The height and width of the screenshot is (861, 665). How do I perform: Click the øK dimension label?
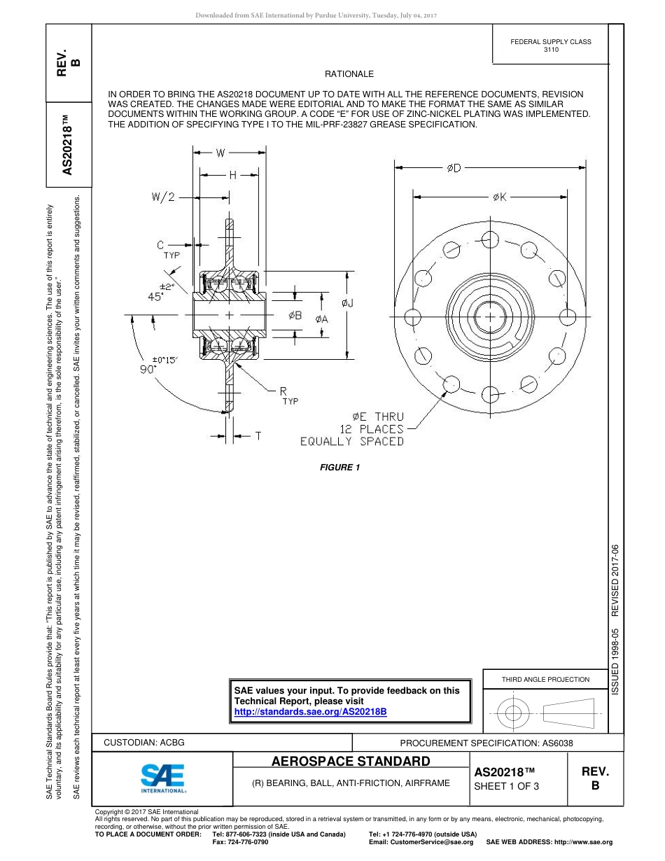pos(500,197)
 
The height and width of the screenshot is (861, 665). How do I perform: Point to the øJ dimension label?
pos(348,303)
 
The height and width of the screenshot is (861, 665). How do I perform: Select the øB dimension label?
pos(295,316)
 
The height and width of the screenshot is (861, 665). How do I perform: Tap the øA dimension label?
pos(322,319)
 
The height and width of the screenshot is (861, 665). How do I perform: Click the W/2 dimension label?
pos(163,197)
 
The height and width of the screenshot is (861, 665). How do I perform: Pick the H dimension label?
pos(233,175)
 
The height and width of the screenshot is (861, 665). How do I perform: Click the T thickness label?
pos(258,436)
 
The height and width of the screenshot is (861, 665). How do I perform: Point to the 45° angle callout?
pos(155,296)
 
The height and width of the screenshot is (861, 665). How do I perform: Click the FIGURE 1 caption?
pos(339,468)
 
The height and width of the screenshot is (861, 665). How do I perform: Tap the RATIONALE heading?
pos(349,74)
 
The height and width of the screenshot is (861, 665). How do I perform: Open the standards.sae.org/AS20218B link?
pos(310,711)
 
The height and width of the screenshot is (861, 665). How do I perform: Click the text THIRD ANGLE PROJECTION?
pos(545,679)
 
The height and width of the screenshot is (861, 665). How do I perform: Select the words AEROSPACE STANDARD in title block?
pos(351,761)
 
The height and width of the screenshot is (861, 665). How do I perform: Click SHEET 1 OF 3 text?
pos(506,786)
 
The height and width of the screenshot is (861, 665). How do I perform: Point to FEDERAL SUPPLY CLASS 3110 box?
pos(551,45)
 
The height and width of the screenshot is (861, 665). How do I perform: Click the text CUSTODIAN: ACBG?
pos(144,742)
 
